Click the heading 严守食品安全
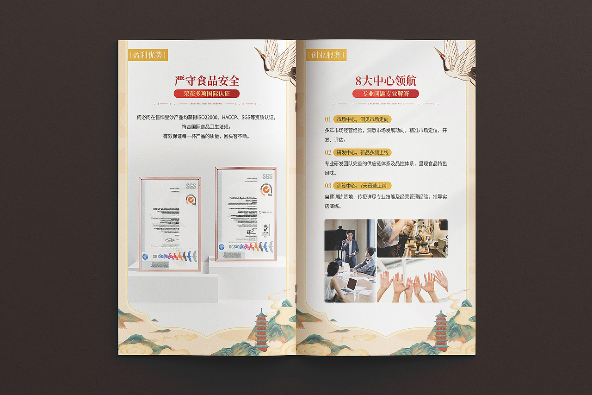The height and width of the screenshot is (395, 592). coord(207,81)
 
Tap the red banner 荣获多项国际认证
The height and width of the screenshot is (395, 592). coord(207,94)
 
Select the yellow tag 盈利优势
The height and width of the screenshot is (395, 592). coord(148,55)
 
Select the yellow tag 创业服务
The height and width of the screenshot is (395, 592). coord(326,55)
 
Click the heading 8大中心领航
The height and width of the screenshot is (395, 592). coord(386,81)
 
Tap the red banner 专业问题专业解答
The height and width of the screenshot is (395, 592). coord(386,94)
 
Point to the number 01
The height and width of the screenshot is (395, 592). coord(328,119)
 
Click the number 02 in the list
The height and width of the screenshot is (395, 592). coord(328,152)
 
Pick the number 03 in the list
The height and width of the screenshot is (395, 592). coord(328,186)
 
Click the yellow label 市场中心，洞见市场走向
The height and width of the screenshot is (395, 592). coord(363,119)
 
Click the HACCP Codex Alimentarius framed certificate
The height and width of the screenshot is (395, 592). coord(170,224)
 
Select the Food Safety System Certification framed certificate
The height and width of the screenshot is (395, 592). coord(246,213)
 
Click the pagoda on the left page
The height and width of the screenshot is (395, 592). coord(262,329)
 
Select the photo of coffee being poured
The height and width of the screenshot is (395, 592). coord(412,238)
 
